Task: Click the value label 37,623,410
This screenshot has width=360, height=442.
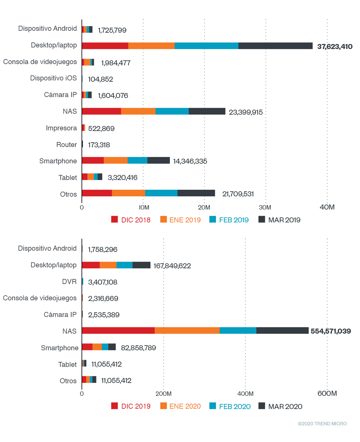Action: click(x=335, y=47)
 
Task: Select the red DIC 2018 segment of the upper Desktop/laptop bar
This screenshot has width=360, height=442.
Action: click(x=105, y=46)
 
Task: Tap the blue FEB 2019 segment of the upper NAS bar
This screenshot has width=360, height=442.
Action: click(x=172, y=111)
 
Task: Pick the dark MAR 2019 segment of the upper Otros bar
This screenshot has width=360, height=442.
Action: click(x=196, y=193)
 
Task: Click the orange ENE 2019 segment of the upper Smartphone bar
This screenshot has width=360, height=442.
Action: click(x=115, y=160)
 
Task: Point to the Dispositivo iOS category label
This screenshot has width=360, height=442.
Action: click(x=53, y=78)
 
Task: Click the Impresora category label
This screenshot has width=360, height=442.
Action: click(x=61, y=128)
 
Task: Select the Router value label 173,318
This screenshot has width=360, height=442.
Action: click(x=99, y=145)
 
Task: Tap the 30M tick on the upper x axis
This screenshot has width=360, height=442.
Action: click(x=265, y=207)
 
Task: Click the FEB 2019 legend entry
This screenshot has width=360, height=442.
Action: click(x=229, y=220)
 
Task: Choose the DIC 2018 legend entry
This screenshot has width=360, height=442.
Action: click(x=131, y=220)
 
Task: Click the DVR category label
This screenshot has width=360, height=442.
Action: click(x=69, y=282)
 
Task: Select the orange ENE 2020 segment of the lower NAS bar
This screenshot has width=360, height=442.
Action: click(x=187, y=330)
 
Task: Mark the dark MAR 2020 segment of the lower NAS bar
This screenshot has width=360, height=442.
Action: click(x=282, y=330)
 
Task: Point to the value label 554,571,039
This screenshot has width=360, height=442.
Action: click(x=330, y=331)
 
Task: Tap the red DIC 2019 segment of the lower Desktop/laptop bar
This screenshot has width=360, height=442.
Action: click(x=91, y=265)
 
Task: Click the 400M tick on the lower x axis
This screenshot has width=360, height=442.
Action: click(x=245, y=394)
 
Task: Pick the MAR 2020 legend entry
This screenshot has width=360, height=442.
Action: click(x=281, y=407)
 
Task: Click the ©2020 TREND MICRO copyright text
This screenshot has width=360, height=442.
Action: click(x=322, y=424)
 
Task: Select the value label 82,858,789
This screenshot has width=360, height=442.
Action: click(x=138, y=348)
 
